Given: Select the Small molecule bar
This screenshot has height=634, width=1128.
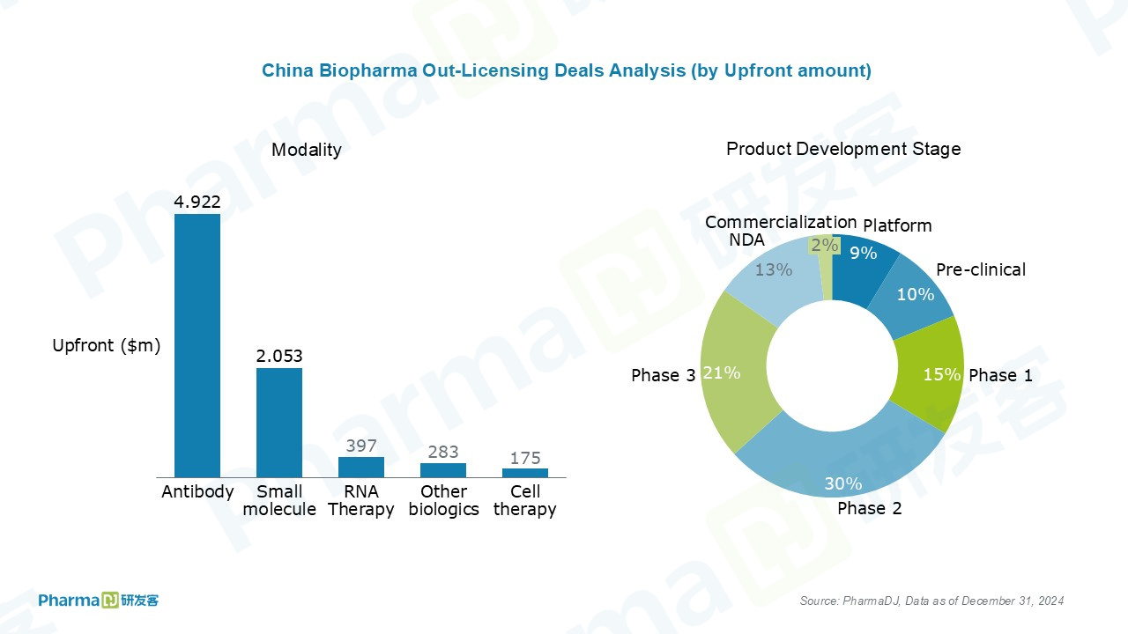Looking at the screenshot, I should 279,423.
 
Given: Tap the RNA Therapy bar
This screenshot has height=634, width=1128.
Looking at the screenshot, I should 361,467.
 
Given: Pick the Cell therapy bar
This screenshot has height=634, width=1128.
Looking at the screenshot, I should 525,473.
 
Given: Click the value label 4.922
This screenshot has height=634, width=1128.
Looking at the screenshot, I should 197,203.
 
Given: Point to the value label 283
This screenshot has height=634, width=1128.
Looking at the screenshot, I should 443,452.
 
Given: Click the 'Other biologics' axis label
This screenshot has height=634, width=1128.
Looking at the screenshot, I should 443,500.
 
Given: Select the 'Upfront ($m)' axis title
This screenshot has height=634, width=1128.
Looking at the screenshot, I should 107,346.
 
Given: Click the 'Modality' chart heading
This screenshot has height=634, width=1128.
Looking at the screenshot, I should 306,150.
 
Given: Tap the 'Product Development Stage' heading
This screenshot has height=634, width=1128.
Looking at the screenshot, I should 843,149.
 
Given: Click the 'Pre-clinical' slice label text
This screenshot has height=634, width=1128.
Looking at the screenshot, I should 981,269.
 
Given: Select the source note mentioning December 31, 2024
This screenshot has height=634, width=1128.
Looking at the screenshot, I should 931,601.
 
